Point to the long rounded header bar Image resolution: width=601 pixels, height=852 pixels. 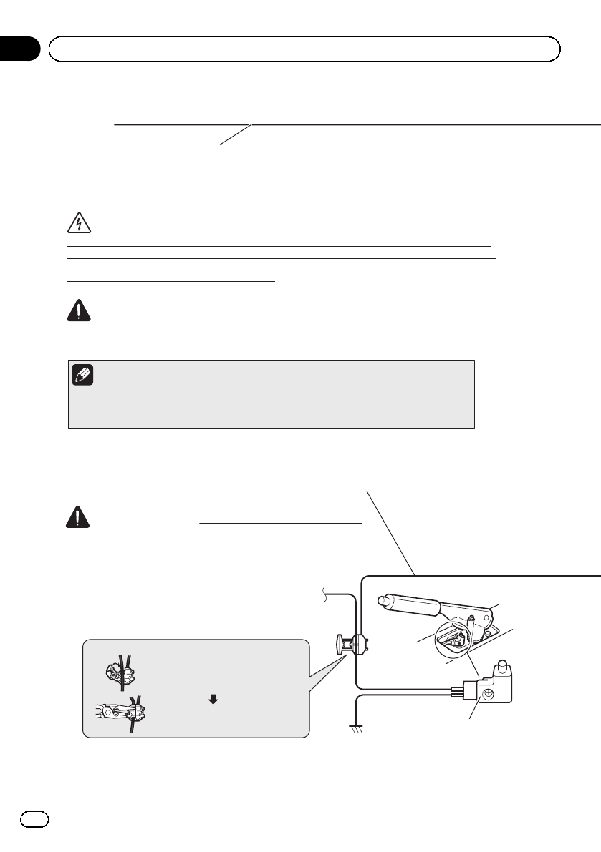[x=304, y=49]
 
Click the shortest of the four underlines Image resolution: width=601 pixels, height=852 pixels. [x=171, y=281]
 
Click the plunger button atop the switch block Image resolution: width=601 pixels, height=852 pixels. [x=503, y=668]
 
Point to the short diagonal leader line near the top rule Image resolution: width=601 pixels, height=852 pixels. [x=236, y=135]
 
